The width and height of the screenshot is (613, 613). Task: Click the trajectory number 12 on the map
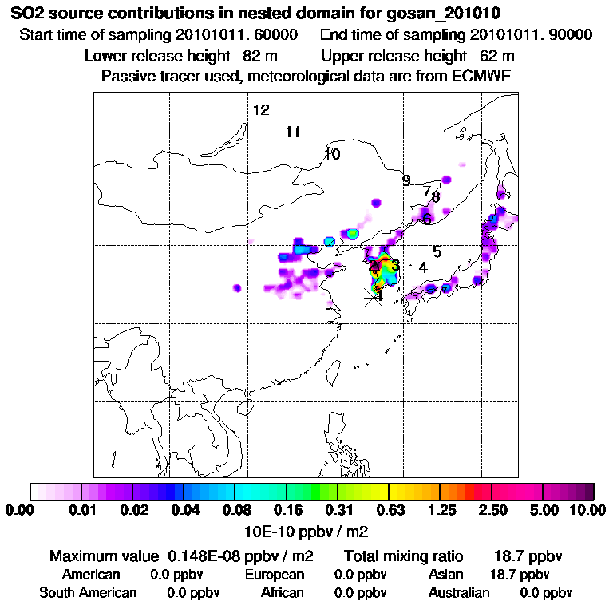261,110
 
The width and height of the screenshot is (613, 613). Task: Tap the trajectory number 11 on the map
292,132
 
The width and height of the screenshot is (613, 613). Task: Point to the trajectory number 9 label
406,181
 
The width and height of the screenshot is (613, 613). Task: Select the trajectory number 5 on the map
437,251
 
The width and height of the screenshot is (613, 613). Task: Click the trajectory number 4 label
423,267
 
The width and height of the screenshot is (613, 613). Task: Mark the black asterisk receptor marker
373,298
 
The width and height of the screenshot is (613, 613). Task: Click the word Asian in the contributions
447,575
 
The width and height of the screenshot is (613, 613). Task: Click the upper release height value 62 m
497,57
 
